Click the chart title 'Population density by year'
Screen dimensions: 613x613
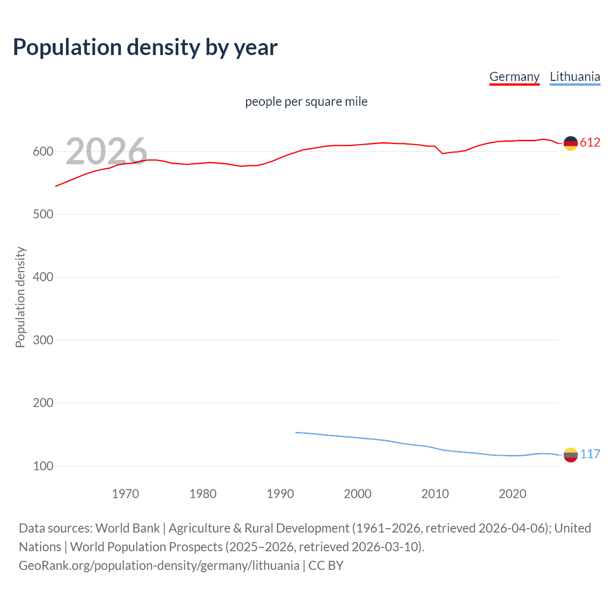pyautogui.click(x=145, y=47)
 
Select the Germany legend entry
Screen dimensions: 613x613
pyautogui.click(x=514, y=77)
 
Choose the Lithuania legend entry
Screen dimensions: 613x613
pyautogui.click(x=575, y=77)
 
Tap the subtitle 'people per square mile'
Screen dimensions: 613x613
pyautogui.click(x=306, y=102)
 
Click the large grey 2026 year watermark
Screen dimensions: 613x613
pyautogui.click(x=106, y=151)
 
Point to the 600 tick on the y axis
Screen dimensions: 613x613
pyautogui.click(x=43, y=151)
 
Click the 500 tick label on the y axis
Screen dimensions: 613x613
pyautogui.click(x=43, y=214)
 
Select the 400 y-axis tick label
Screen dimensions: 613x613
pyautogui.click(x=43, y=277)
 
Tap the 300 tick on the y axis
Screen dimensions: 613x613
pyautogui.click(x=43, y=340)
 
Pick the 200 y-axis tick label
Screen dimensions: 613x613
pyautogui.click(x=43, y=403)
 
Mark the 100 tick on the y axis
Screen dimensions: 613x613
pyautogui.click(x=43, y=465)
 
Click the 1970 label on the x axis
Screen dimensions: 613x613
pyautogui.click(x=125, y=493)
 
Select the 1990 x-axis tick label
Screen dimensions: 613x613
pyautogui.click(x=280, y=493)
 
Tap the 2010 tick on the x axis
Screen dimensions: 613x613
pyautogui.click(x=435, y=493)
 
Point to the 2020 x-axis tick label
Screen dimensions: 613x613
pyautogui.click(x=512, y=493)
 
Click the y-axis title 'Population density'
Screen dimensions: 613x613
pyautogui.click(x=20, y=297)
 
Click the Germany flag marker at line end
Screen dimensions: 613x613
pyautogui.click(x=570, y=143)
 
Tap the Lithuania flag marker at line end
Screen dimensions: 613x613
pyautogui.click(x=570, y=454)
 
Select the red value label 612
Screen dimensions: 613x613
pyautogui.click(x=590, y=142)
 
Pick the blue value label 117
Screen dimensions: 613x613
pyautogui.click(x=590, y=454)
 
